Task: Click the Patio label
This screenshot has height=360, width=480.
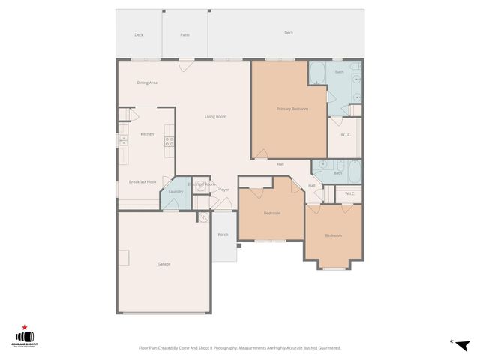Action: pyautogui.click(x=184, y=34)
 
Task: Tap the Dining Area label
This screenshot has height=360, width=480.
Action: pyautogui.click(x=147, y=82)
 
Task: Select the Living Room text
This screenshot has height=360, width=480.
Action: pyautogui.click(x=216, y=116)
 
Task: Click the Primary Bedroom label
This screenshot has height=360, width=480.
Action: pyautogui.click(x=293, y=109)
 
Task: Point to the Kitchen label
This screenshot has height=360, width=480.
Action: pyautogui.click(x=147, y=134)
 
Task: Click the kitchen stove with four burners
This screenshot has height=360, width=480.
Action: pyautogui.click(x=169, y=142)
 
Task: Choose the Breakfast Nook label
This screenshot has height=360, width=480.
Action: pyautogui.click(x=142, y=182)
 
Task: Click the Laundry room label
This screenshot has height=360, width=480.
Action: pyautogui.click(x=175, y=192)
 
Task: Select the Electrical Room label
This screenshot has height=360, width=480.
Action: pyautogui.click(x=202, y=184)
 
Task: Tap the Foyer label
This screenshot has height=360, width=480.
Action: pyautogui.click(x=223, y=190)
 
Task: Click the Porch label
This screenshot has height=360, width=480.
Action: pyautogui.click(x=223, y=235)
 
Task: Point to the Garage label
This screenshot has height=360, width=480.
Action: pyautogui.click(x=163, y=264)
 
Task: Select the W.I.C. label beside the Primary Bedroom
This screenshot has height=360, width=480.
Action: pyautogui.click(x=346, y=135)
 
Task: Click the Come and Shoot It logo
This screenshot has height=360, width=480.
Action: pyautogui.click(x=25, y=337)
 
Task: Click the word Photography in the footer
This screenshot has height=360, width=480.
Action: pyautogui.click(x=221, y=348)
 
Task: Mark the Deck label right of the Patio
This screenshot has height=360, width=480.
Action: pyautogui.click(x=289, y=33)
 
